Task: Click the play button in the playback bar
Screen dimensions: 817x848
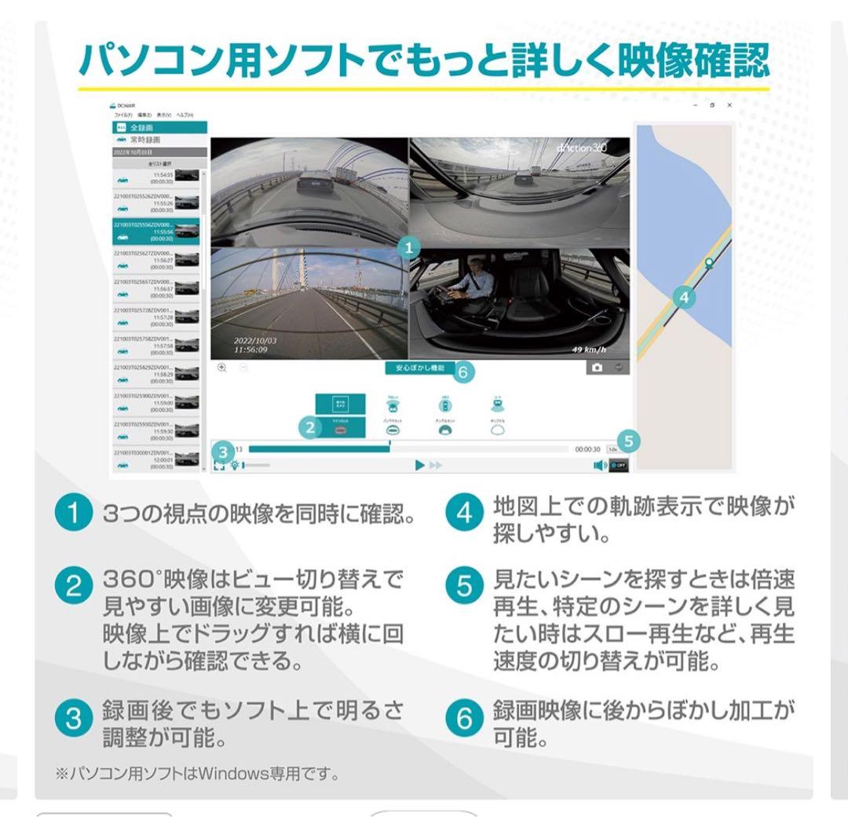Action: pyautogui.click(x=420, y=465)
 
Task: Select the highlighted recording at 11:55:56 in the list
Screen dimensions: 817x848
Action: pyautogui.click(x=156, y=232)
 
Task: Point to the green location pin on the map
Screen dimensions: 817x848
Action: pyautogui.click(x=708, y=264)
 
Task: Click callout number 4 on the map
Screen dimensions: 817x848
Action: pyautogui.click(x=684, y=298)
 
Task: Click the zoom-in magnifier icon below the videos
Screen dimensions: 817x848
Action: pyautogui.click(x=222, y=368)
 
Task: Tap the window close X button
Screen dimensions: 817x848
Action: pyautogui.click(x=729, y=104)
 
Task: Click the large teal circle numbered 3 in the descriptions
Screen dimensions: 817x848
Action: pyautogui.click(x=73, y=720)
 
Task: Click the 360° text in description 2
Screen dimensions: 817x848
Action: pyautogui.click(x=129, y=581)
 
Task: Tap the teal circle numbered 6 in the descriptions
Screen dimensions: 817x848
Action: pyautogui.click(x=465, y=720)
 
